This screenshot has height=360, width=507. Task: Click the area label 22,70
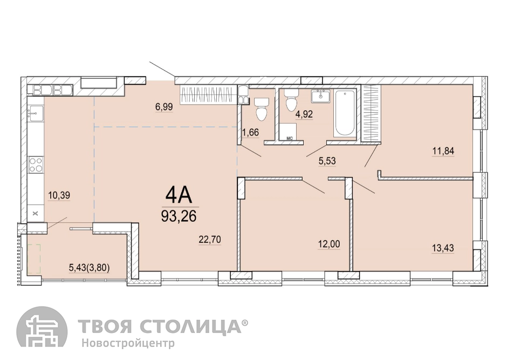coord(209,239)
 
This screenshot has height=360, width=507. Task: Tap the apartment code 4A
coord(179,195)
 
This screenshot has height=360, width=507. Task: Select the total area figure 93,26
coord(179,216)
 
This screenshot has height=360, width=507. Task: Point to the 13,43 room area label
coord(443,248)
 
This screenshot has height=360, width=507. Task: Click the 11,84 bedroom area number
coord(443,151)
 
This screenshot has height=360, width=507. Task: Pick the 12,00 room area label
coord(328,244)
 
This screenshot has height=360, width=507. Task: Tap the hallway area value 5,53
coord(327,161)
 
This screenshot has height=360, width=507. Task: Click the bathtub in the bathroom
coord(345,113)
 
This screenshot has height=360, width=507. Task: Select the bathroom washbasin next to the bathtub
coord(321,96)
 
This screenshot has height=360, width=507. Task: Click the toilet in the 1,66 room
coord(261,108)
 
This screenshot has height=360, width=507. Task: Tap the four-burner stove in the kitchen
coord(36,164)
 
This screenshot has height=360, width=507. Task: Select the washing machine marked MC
coord(289,132)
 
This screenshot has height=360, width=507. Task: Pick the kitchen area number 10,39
coord(59,195)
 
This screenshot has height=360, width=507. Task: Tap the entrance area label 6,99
coord(164,106)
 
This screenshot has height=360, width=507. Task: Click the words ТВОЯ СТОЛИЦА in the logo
coord(160,326)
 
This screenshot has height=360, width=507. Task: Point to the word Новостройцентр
coord(128,343)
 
